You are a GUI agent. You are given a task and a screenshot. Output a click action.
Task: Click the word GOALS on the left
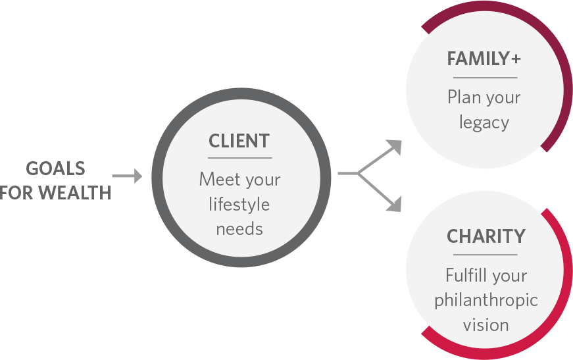(56, 168)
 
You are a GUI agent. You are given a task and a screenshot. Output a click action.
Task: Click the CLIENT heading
(239, 141)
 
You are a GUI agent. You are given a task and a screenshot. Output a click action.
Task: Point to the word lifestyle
(239, 205)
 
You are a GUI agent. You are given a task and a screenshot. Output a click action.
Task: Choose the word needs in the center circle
(239, 229)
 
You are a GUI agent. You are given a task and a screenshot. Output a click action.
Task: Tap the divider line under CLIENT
(239, 158)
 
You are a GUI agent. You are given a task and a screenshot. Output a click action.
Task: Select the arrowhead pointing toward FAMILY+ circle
(394, 146)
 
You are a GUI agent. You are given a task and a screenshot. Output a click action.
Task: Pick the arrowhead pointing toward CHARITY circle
(394, 205)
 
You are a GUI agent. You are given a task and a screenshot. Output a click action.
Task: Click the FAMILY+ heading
(484, 59)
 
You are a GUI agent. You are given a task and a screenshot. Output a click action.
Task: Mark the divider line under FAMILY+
(485, 78)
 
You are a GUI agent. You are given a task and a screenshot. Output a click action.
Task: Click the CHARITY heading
(486, 236)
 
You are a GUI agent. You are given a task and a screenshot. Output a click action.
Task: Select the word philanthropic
(486, 300)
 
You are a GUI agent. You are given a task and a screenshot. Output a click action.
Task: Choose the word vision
(486, 324)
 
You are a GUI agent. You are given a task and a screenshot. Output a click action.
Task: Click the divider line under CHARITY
(486, 255)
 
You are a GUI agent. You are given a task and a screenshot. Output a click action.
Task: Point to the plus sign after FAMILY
(515, 59)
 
